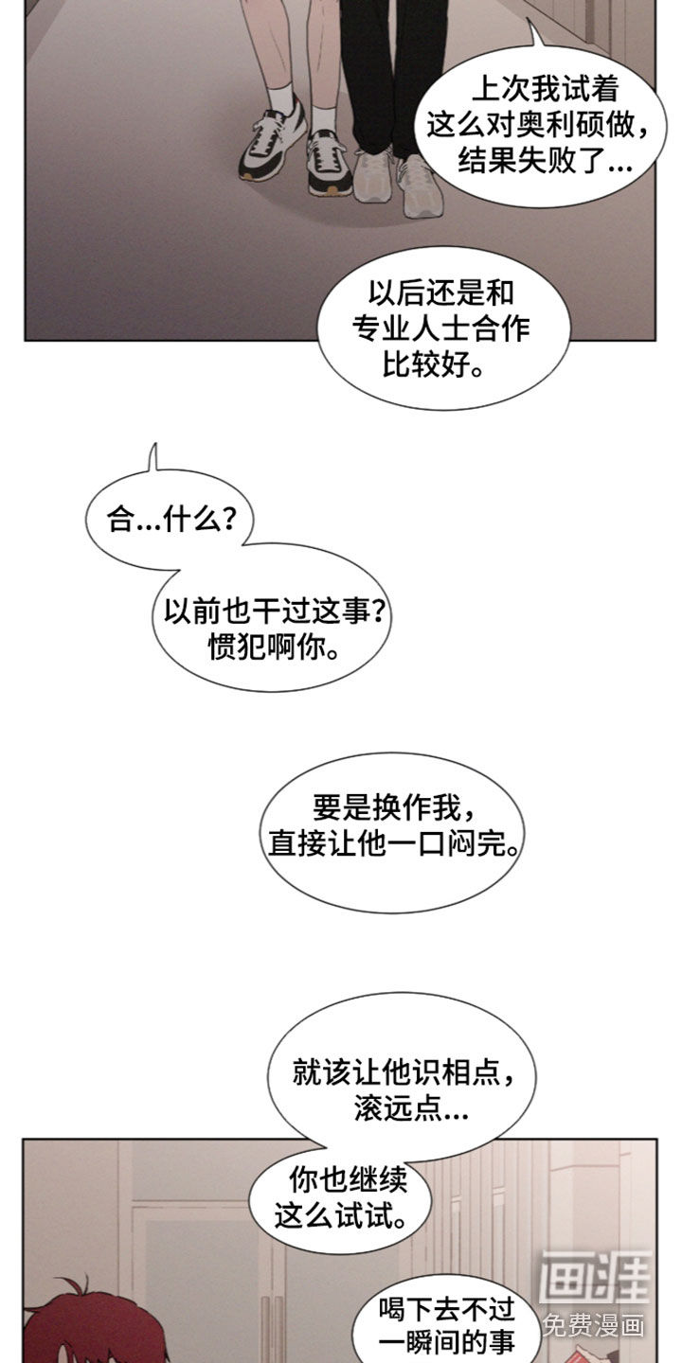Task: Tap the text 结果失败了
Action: pyautogui.click(x=531, y=161)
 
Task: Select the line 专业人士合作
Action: pyautogui.click(x=441, y=327)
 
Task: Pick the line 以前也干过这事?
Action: pyautogui.click(x=275, y=611)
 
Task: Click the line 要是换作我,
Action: pyautogui.click(x=394, y=807)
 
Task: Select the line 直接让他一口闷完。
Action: pyautogui.click(x=394, y=844)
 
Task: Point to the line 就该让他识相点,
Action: pyautogui.click(x=404, y=1089)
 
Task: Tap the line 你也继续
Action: pyautogui.click(x=349, y=1179)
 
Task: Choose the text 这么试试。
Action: pyautogui.click(x=341, y=1215)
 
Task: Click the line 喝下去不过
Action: pyautogui.click(x=447, y=1309)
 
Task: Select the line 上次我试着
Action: pyautogui.click(x=546, y=89)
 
